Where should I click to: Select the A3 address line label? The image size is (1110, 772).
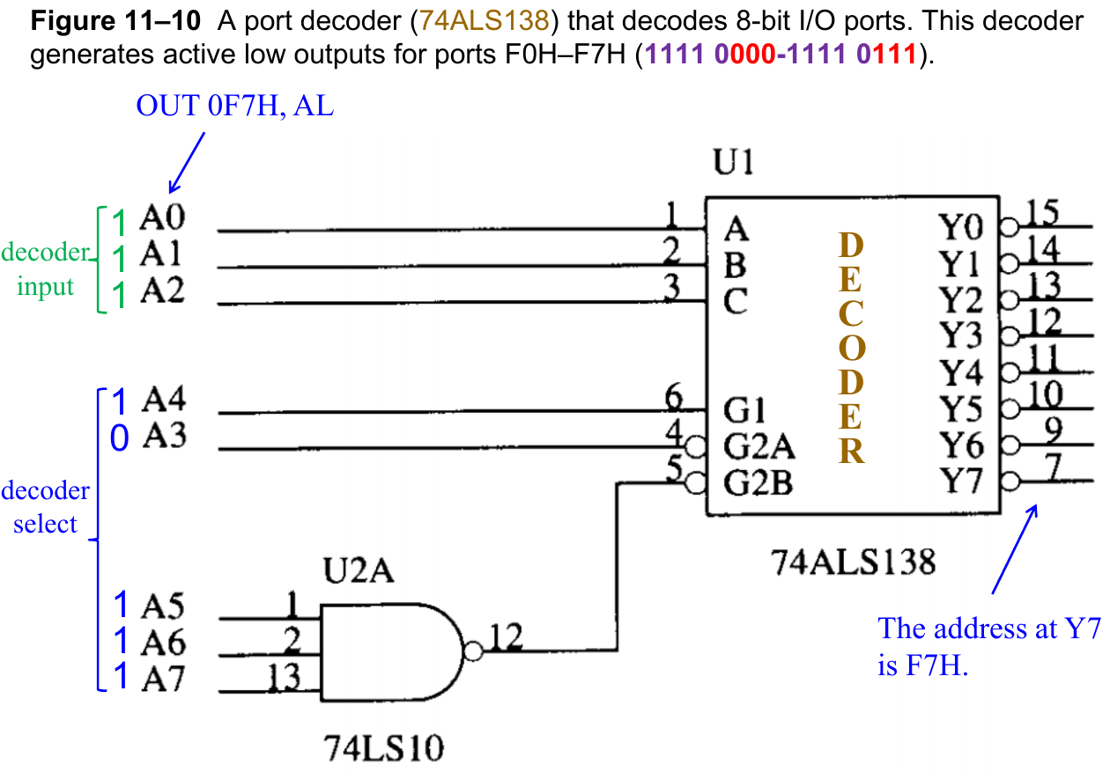163,437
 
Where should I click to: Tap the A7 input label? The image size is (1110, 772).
162,680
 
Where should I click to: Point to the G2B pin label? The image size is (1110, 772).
758,483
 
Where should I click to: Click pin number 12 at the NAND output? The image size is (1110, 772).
506,636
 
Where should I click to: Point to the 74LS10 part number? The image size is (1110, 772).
384,749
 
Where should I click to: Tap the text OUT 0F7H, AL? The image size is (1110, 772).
234,107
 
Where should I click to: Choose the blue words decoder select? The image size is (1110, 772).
45,507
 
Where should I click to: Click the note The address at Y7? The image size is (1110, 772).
989,629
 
